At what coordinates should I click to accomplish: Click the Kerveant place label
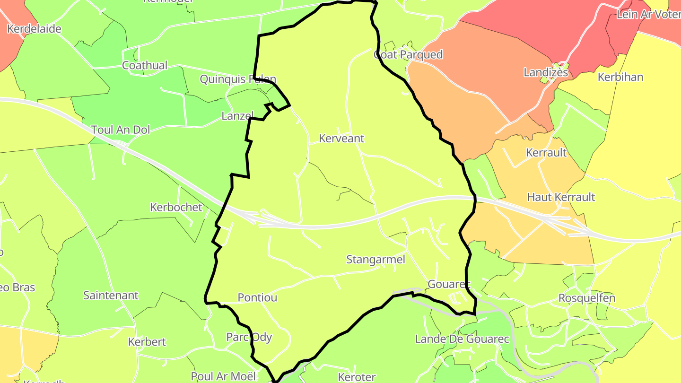(x=341, y=139)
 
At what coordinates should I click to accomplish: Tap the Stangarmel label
(x=376, y=260)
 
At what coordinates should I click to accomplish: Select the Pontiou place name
(x=257, y=298)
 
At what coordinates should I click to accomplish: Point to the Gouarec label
(x=449, y=285)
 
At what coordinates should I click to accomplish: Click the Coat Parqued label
(x=408, y=55)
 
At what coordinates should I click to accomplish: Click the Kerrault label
(x=546, y=153)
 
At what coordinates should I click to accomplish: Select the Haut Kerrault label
(x=561, y=197)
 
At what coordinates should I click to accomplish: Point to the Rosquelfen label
(x=587, y=298)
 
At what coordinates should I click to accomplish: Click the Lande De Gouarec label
(x=462, y=339)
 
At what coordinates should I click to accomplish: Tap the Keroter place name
(x=357, y=377)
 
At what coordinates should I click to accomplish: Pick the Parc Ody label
(x=249, y=337)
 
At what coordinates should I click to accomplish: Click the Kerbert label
(x=147, y=342)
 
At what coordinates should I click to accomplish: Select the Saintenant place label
(x=111, y=296)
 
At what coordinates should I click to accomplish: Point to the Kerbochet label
(x=176, y=207)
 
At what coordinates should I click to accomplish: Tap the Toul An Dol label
(x=121, y=130)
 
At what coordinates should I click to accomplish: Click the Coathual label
(x=145, y=65)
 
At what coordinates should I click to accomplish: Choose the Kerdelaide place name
(x=34, y=29)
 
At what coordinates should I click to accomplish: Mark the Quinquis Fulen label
(x=238, y=79)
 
